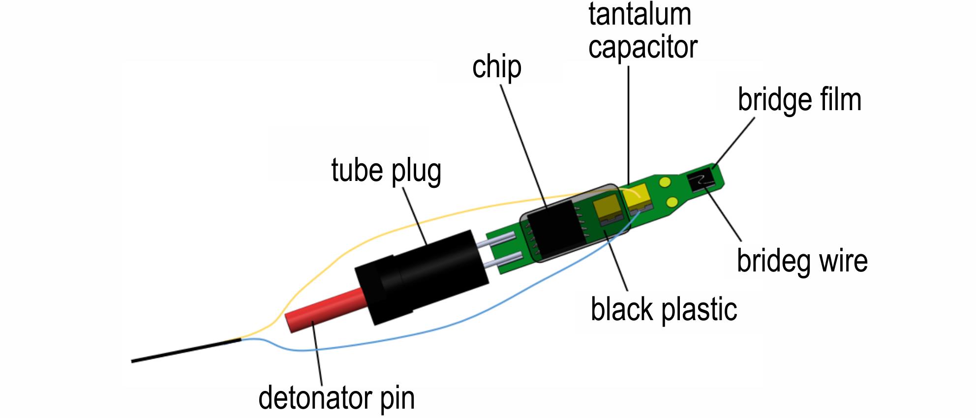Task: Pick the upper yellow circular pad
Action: (666, 182)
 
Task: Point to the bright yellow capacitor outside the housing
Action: (638, 199)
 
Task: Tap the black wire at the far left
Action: (186, 350)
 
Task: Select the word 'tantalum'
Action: (640, 14)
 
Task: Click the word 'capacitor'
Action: (642, 47)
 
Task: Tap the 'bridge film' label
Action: (799, 100)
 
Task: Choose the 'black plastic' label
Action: (664, 309)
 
